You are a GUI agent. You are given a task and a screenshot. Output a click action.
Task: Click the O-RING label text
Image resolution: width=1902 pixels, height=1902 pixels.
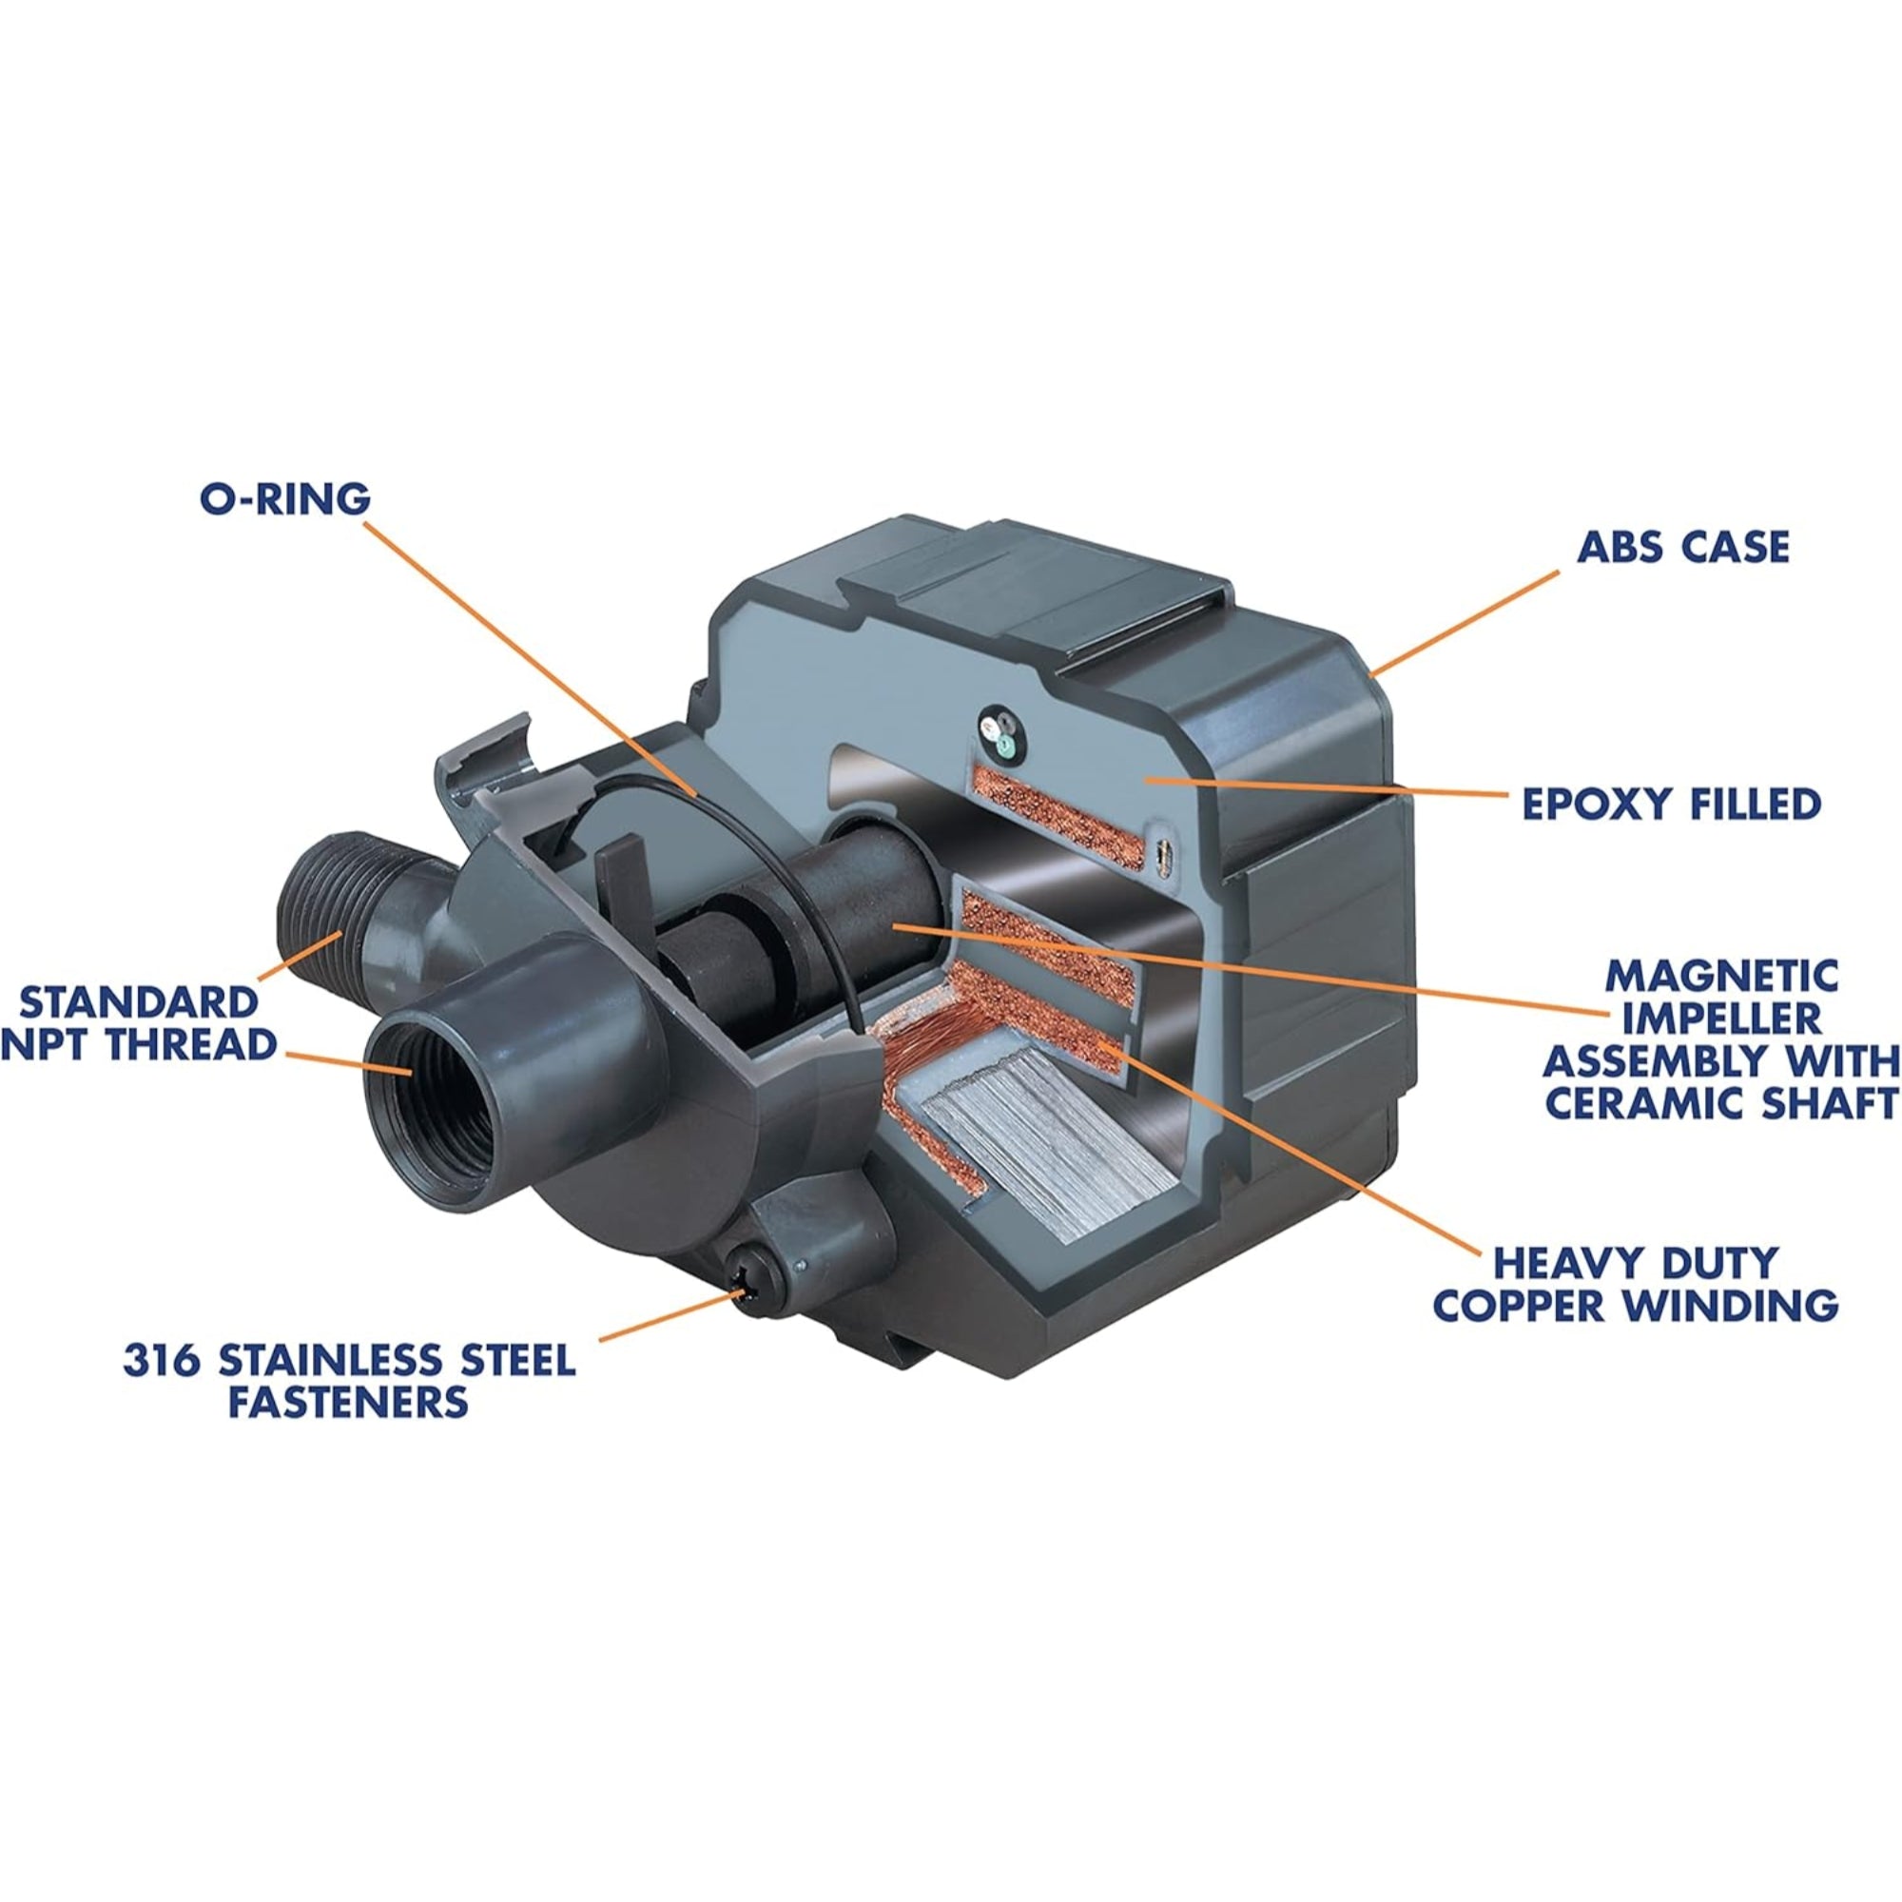[285, 499]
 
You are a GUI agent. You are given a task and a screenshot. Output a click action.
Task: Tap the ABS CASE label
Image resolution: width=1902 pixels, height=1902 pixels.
[1682, 548]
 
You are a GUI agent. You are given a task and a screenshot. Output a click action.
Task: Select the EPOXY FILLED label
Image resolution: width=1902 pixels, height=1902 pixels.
[1671, 805]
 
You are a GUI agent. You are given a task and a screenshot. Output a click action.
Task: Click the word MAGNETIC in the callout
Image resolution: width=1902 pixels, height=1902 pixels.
[1722, 977]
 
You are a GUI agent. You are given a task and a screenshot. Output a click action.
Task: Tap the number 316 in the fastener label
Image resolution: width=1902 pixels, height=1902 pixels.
[163, 1362]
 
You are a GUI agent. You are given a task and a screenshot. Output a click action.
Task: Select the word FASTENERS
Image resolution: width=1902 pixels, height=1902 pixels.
[347, 1402]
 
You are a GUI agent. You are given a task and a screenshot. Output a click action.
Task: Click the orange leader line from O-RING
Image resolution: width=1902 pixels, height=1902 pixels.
[532, 659]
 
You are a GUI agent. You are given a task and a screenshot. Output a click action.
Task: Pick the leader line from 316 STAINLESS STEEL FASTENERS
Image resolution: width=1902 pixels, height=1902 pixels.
[670, 1315]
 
